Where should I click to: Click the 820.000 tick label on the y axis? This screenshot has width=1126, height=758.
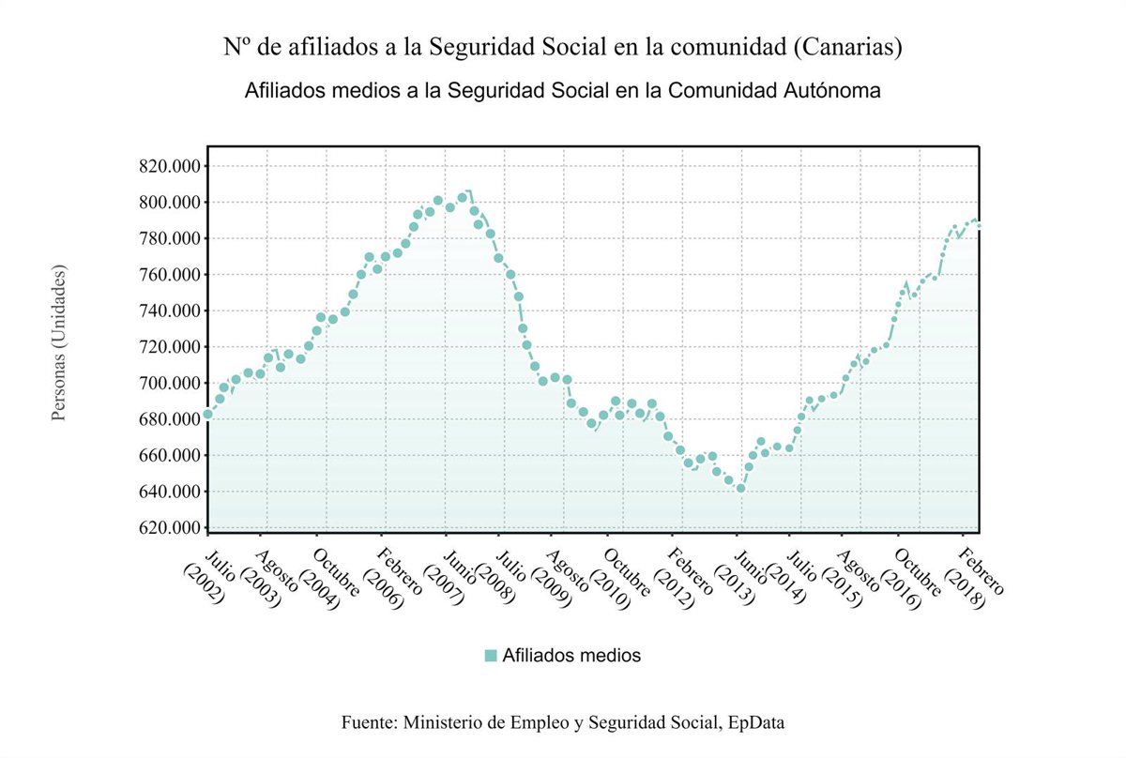click(169, 167)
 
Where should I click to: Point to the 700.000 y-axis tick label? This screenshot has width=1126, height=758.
click(169, 384)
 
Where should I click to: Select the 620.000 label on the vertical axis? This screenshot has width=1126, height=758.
click(169, 528)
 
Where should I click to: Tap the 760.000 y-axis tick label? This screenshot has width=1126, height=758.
click(169, 275)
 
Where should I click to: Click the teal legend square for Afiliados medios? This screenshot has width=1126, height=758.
click(490, 656)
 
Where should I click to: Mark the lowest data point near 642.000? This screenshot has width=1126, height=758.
click(740, 489)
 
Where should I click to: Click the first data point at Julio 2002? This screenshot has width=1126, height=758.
click(208, 414)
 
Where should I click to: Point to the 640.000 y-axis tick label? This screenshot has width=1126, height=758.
click(169, 492)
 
